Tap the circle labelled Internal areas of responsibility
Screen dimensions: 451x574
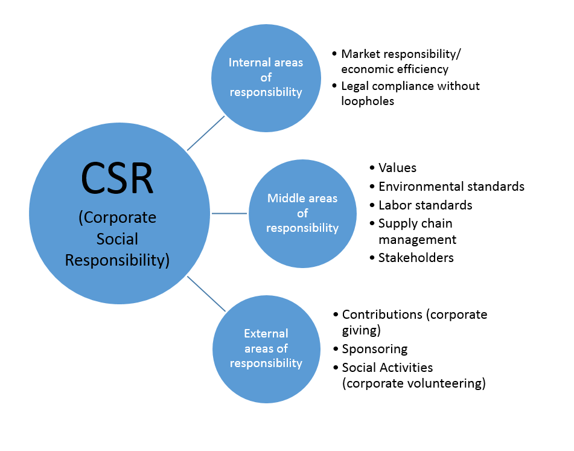pos(266,78)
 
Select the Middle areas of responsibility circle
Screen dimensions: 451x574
pos(302,213)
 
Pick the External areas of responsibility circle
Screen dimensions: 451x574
pos(266,348)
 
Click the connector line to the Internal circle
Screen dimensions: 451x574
pos(206,133)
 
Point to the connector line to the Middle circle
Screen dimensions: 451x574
pos(229,213)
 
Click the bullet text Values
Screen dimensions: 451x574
pos(397,168)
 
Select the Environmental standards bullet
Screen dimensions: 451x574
pos(451,187)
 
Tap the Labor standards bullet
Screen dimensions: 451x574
pos(425,205)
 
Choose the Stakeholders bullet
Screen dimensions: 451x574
pos(416,258)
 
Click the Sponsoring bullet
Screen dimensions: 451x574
pos(375,349)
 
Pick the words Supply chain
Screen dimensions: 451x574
pos(415,223)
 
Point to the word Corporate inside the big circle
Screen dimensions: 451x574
pos(118,218)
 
